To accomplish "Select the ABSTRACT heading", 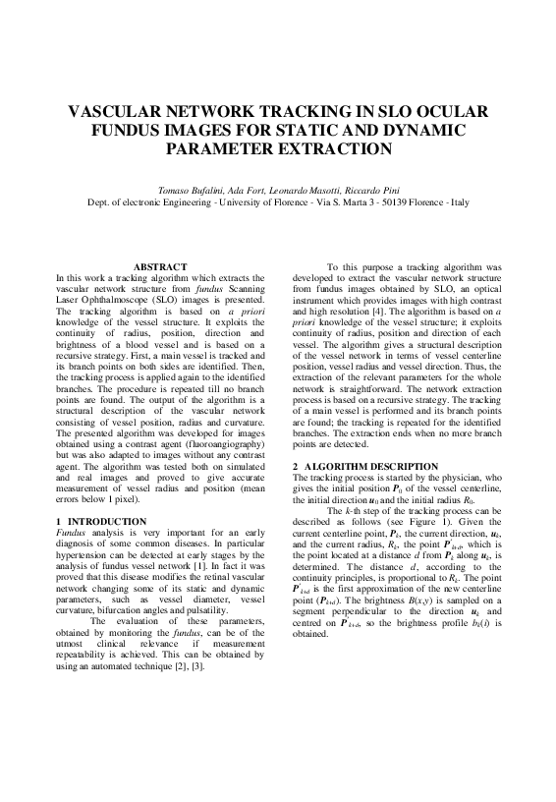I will coord(159,266).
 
